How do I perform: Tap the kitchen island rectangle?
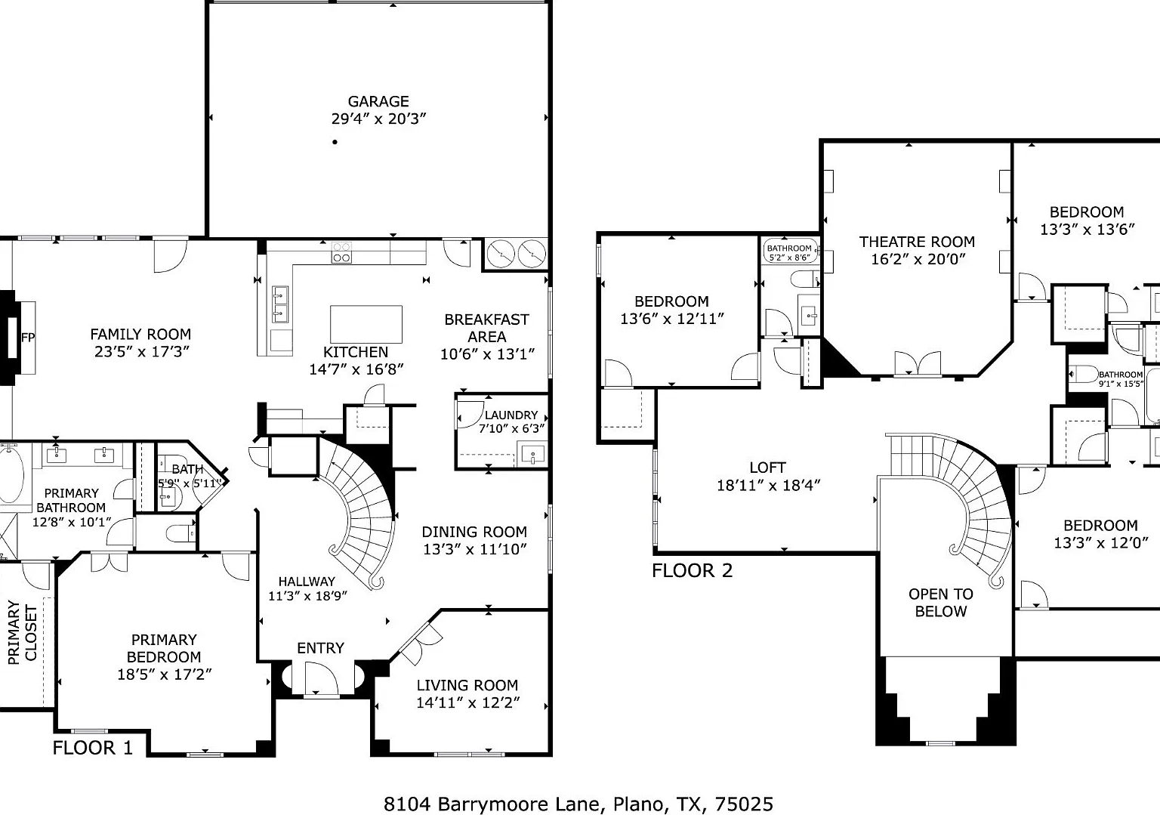(x=366, y=324)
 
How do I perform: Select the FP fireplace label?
(x=28, y=338)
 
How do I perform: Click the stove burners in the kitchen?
(x=341, y=253)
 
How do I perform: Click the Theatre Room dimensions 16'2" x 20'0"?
(x=918, y=259)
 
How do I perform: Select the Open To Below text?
(x=941, y=603)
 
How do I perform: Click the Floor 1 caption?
(x=93, y=748)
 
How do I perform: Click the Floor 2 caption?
(x=693, y=570)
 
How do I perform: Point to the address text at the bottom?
(x=578, y=804)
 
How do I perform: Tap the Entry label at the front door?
(x=320, y=648)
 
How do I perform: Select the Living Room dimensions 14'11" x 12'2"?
(x=468, y=702)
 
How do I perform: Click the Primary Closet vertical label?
(x=22, y=632)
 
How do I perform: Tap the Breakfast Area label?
(x=487, y=329)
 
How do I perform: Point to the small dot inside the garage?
(x=335, y=142)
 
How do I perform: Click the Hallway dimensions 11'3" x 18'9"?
(x=307, y=596)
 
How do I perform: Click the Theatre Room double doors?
(x=918, y=363)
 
